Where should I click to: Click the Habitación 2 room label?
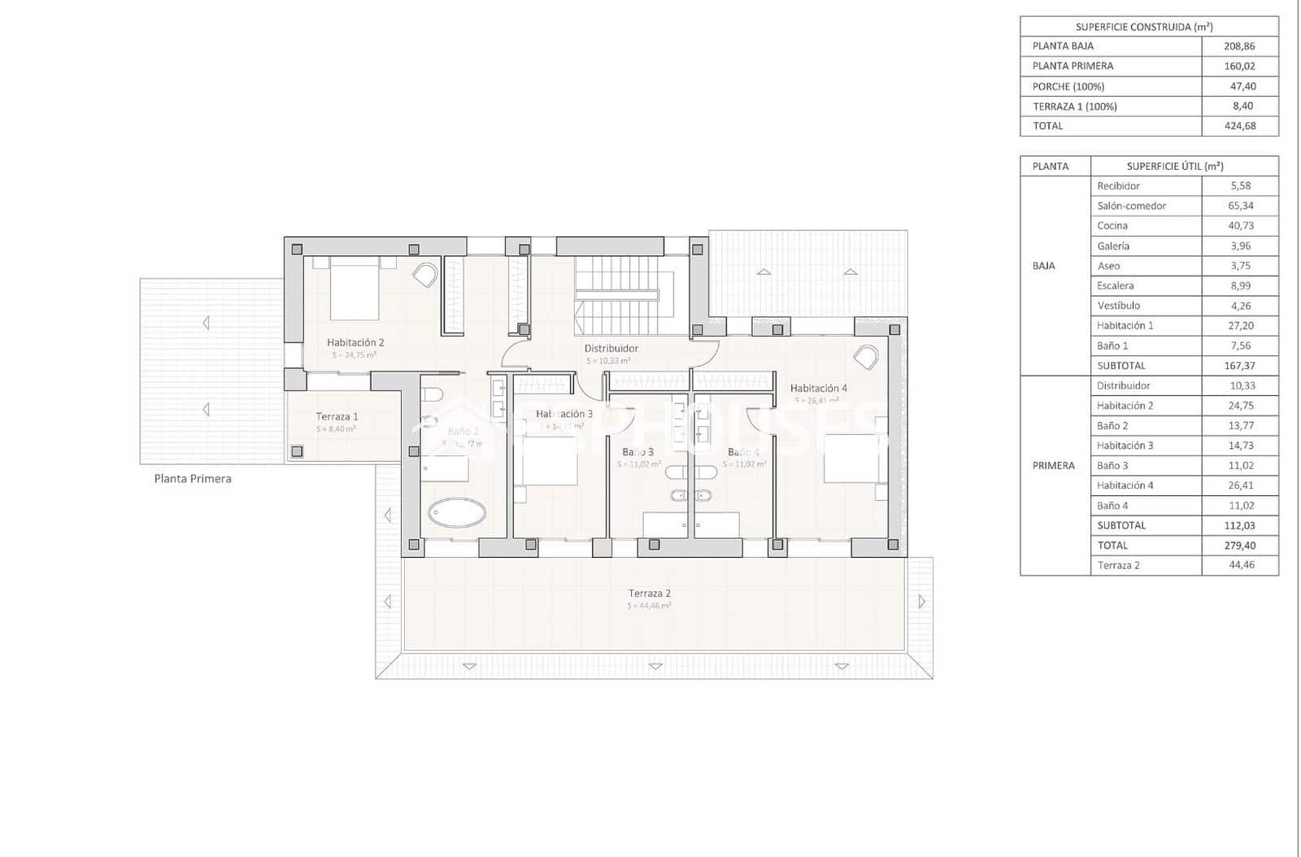tap(355, 342)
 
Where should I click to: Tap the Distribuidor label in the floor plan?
tap(611, 348)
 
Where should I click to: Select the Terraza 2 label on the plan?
tap(649, 594)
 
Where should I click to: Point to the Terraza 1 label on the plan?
tap(337, 416)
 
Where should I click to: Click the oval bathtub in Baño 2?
tap(457, 512)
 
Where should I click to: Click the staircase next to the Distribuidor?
tap(624, 294)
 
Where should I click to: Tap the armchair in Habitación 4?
tap(866, 359)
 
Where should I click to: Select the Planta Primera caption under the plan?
tap(193, 479)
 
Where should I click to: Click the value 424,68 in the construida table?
tap(1239, 126)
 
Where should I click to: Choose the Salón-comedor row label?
tap(1131, 206)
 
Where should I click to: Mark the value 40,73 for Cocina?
tap(1240, 226)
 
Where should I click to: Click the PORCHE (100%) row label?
tap(1068, 86)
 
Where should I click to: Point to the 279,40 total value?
tap(1240, 546)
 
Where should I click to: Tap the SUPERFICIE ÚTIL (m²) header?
tap(1174, 166)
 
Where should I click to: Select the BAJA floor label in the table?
tap(1043, 266)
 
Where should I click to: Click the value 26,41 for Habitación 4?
tap(1240, 485)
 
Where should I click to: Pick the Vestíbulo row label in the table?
tap(1118, 306)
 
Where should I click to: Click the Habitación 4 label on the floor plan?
tap(818, 389)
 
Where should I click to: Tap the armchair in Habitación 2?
tap(424, 275)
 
